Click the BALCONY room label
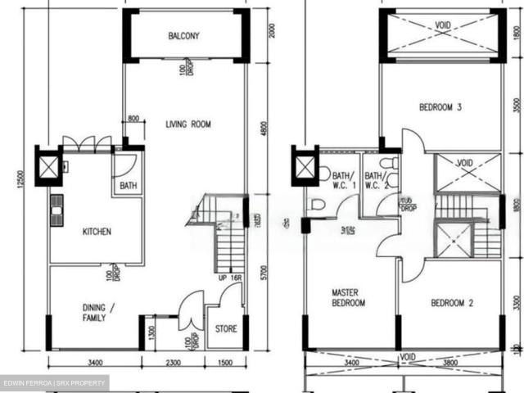[x=184, y=36]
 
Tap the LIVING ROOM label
[x=188, y=124]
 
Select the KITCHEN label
[x=97, y=232]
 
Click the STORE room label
[x=226, y=330]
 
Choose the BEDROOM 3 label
[x=440, y=106]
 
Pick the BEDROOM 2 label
[x=453, y=304]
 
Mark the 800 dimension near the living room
[x=134, y=120]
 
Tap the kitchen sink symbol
[x=56, y=210]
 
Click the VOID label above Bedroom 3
[x=443, y=25]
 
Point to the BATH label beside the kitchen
[x=129, y=186]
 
